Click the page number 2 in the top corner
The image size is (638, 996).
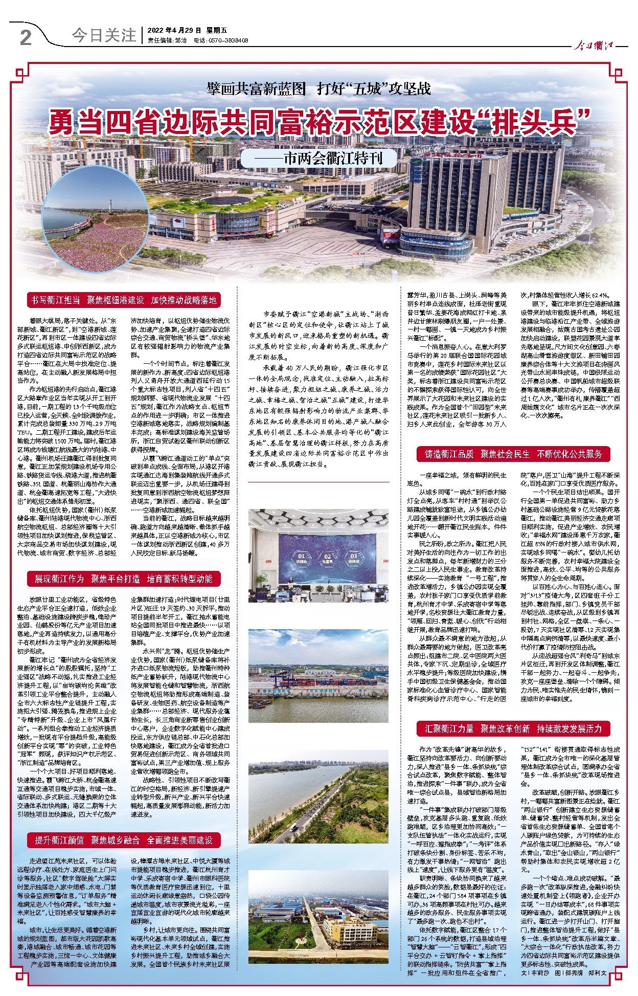(x=26, y=37)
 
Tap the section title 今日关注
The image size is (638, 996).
(x=104, y=35)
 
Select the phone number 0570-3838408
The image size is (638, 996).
(x=229, y=40)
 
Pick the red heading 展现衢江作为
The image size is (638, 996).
(x=59, y=579)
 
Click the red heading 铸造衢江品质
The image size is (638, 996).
(x=449, y=454)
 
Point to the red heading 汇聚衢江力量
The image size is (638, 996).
(x=450, y=728)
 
